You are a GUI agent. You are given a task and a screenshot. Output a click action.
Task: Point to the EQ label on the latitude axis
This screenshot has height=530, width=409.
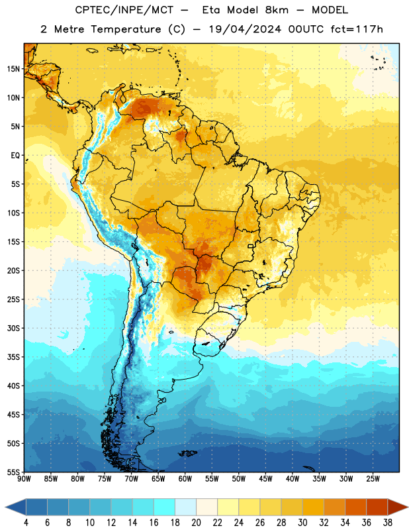pyautogui.click(x=15, y=156)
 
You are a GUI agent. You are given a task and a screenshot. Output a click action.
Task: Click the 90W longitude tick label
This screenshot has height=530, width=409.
pyautogui.click(x=24, y=479)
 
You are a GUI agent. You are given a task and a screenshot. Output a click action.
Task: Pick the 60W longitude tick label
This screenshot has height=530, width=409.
pyautogui.click(x=185, y=479)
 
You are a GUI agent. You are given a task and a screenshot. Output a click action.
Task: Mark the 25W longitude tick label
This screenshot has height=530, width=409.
pyautogui.click(x=373, y=479)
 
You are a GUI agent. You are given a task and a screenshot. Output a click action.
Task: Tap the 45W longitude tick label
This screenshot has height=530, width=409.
pyautogui.click(x=265, y=479)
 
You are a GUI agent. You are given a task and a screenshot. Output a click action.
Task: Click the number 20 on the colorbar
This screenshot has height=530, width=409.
pyautogui.click(x=196, y=523)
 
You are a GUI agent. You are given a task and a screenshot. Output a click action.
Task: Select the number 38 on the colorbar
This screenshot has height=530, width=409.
pyautogui.click(x=387, y=523)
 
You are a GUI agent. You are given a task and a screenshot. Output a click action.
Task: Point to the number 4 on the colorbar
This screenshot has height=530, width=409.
pyautogui.click(x=26, y=523)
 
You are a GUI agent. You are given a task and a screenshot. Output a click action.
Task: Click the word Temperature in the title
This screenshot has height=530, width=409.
pyautogui.click(x=126, y=29)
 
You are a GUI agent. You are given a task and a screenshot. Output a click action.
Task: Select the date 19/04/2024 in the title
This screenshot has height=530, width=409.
pyautogui.click(x=245, y=29)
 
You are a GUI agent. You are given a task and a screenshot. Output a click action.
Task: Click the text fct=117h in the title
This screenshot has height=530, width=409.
pyautogui.click(x=357, y=29)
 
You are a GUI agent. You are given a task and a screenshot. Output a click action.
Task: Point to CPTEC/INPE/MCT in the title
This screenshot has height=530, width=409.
pyautogui.click(x=124, y=10)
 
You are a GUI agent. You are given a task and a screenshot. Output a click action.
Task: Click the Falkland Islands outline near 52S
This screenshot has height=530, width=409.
pyautogui.click(x=187, y=453)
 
